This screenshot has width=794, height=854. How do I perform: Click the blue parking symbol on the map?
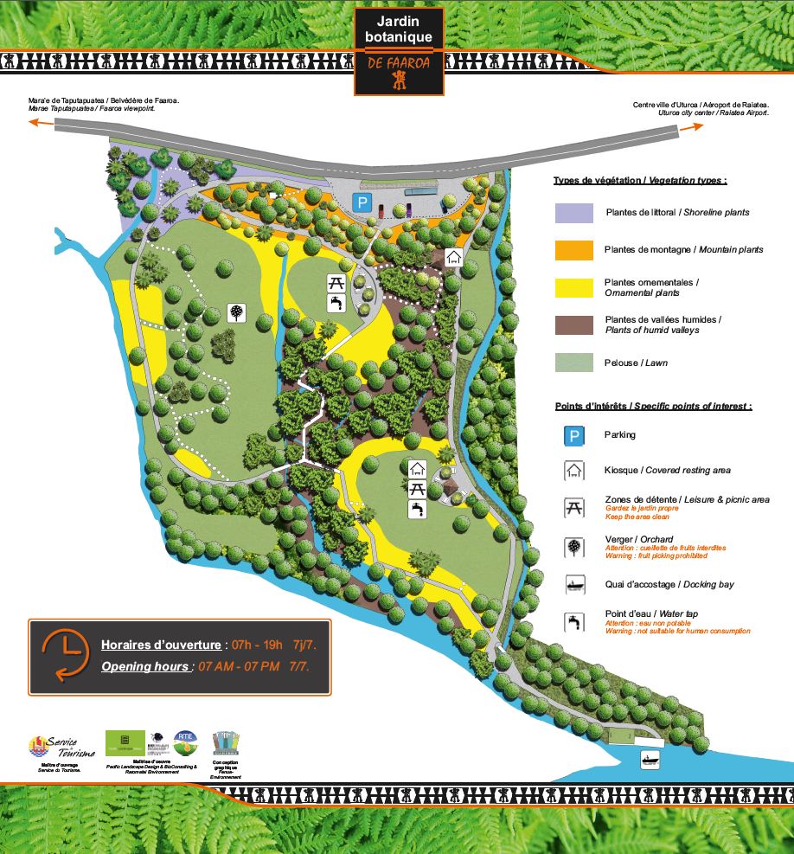point(362,203)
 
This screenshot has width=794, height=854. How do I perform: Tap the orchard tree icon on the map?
point(235,312)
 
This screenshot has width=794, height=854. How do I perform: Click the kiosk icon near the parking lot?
point(453,257)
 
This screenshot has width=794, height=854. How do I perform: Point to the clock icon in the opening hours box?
point(64,656)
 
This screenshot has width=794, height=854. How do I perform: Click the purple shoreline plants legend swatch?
point(573,213)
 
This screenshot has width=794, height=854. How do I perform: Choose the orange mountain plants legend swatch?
point(573,250)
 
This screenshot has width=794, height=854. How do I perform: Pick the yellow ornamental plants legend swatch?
point(573,287)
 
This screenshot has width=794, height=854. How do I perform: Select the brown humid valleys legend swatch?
point(573,324)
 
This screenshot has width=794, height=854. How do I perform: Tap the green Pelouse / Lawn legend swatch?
point(573,362)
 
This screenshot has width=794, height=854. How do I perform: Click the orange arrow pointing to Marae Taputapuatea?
point(37,123)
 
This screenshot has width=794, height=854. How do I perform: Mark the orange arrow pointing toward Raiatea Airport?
point(691,128)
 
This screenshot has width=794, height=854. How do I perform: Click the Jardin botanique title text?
point(399,29)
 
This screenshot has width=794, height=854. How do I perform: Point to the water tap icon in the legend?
point(573,621)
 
